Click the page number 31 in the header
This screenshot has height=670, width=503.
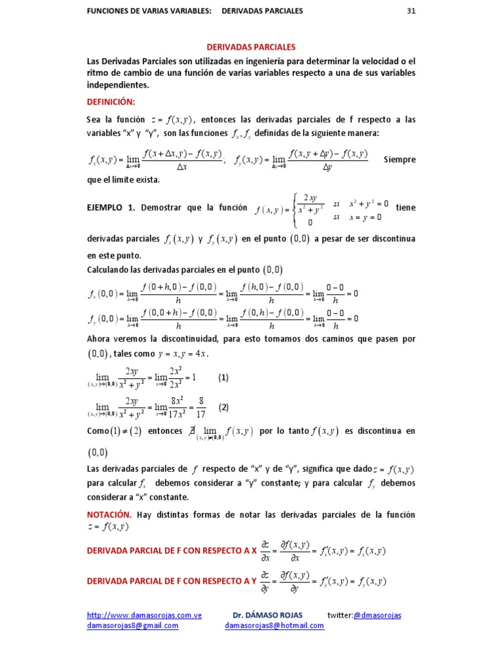coord(411,11)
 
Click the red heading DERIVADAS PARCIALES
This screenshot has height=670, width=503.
coord(251,47)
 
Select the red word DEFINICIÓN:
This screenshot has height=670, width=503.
coord(111,102)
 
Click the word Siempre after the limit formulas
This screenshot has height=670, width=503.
coord(400,159)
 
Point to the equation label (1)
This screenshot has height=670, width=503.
coord(223,378)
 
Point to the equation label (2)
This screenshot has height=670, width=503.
coord(224,407)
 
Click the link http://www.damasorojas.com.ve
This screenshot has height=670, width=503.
coord(144,616)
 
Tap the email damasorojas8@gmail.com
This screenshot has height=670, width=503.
coord(133,626)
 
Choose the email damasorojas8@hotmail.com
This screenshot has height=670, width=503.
coord(274,626)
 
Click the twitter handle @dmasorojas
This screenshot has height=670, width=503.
coord(377,616)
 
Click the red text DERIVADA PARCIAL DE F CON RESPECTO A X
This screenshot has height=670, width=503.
coord(172,551)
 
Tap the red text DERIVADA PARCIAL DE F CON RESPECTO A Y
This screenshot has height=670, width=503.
coord(172,581)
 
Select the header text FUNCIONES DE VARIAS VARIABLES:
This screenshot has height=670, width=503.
coord(149,11)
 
